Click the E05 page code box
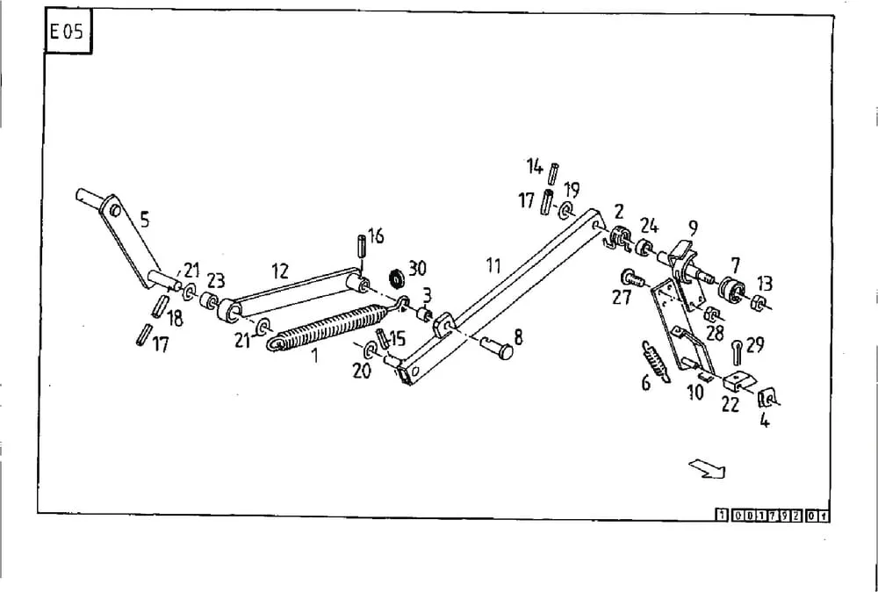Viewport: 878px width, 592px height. pos(68,32)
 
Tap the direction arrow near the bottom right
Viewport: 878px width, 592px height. pos(707,468)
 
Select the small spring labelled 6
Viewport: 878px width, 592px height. pos(656,362)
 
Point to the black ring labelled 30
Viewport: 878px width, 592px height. pos(397,277)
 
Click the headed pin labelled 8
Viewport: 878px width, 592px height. pos(496,348)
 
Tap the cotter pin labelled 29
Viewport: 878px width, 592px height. pos(737,352)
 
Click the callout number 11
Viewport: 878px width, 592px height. pos(493,265)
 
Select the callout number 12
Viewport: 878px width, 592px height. pos(279,271)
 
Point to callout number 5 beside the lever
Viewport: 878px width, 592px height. pos(145,220)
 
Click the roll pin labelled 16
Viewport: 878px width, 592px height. pos(361,246)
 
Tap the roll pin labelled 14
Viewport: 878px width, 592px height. pos(553,174)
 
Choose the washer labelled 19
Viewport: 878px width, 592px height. pos(565,212)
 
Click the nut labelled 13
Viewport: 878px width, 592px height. pos(759,303)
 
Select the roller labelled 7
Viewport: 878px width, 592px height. pos(732,290)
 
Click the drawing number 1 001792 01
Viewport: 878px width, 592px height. pos(773,516)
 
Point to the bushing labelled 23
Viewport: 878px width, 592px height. pos(209,300)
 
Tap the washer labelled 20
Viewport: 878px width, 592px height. pos(371,351)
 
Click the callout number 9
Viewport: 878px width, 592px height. pos(694,228)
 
